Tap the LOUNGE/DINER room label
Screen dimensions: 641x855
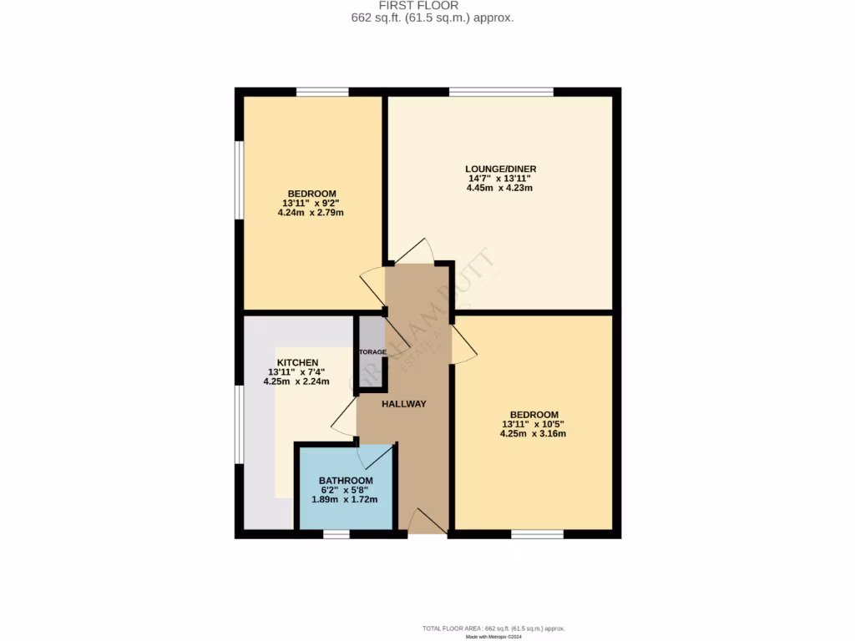tap(500, 169)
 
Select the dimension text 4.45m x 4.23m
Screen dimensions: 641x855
tap(500, 188)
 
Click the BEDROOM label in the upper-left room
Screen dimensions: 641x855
tap(311, 194)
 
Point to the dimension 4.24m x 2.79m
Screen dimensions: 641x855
tap(311, 213)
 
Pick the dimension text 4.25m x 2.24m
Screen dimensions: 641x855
tap(296, 381)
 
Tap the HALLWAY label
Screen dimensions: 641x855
tap(404, 404)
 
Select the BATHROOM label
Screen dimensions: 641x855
tap(346, 481)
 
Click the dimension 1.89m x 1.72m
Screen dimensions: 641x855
tap(345, 499)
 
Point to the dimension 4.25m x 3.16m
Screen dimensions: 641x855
tap(534, 433)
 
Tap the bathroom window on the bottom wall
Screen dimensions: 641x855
tap(336, 533)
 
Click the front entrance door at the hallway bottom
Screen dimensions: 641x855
tap(426, 523)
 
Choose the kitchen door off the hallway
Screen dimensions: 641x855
tap(344, 417)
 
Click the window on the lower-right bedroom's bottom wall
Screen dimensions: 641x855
tap(537, 533)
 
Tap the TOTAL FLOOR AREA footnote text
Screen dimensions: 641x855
tap(499, 628)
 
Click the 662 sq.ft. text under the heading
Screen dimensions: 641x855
tap(433, 18)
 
